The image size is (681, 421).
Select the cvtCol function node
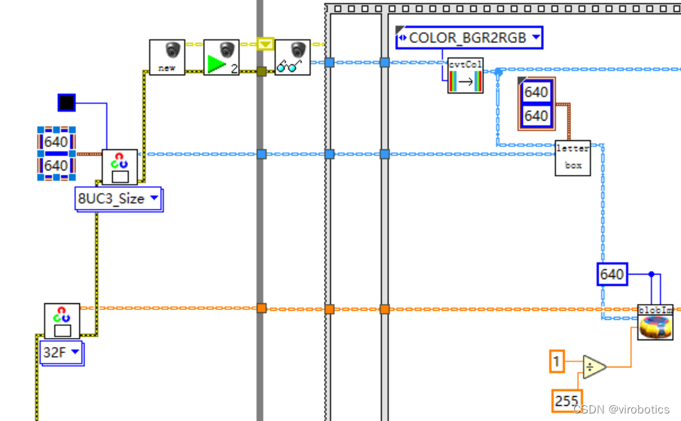point(465,75)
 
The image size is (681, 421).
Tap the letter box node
point(573,157)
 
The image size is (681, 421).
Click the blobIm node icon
point(655,322)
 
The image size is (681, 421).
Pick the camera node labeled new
point(166,57)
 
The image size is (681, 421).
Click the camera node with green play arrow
point(221,57)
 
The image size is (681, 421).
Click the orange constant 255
point(566,401)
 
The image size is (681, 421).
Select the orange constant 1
point(556,363)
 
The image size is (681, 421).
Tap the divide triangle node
point(594,367)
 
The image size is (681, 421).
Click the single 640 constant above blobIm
point(612,274)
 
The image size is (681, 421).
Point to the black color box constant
point(67,103)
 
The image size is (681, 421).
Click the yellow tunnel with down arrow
point(264,45)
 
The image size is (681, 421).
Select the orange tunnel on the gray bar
point(261,308)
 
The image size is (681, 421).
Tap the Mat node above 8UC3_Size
point(120,167)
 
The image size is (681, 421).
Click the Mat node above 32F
point(62,321)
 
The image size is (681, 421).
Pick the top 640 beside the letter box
point(536,92)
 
